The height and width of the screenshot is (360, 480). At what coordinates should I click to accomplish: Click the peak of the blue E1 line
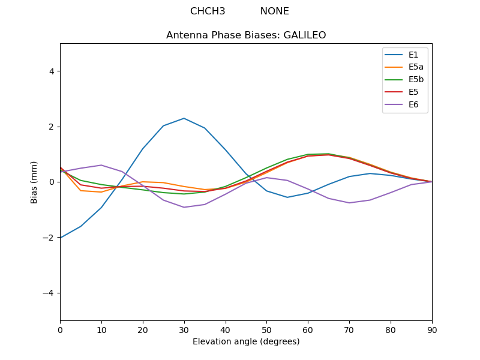click(184, 118)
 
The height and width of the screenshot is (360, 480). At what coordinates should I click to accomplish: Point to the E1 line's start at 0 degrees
click(61, 238)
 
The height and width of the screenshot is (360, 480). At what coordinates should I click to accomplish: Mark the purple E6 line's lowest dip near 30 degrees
click(184, 207)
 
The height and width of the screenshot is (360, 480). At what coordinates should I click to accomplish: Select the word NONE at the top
click(274, 11)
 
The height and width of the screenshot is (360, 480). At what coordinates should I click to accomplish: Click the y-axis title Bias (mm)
click(35, 182)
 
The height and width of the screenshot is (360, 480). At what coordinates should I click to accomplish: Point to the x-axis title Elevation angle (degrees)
click(246, 342)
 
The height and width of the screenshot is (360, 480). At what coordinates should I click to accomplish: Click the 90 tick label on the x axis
click(432, 329)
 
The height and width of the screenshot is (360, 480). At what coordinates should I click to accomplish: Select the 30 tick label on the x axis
click(184, 329)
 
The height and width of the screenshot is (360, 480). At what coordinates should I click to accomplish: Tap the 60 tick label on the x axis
click(308, 329)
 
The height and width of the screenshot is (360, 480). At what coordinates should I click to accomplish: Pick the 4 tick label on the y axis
click(51, 71)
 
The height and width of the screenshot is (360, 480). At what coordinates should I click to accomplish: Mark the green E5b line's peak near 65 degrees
click(329, 154)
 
